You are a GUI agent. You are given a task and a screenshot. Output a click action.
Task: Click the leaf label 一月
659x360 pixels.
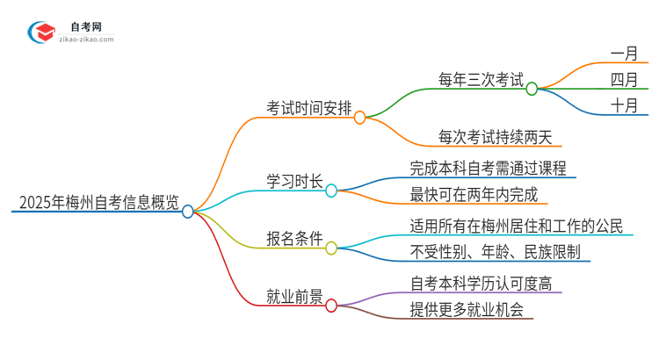tap(625, 53)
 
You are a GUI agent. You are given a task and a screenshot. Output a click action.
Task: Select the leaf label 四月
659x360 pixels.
tap(625, 80)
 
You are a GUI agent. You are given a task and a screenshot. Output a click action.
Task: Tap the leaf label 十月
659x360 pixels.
tap(625, 107)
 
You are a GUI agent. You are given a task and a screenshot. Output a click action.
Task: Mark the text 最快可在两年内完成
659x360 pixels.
tap(474, 195)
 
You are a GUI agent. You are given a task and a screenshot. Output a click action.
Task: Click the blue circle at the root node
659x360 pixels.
tap(187, 211)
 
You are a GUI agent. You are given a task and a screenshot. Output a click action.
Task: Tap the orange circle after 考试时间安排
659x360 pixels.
tap(359, 117)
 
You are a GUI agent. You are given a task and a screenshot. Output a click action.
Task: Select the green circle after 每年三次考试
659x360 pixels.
tap(532, 88)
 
